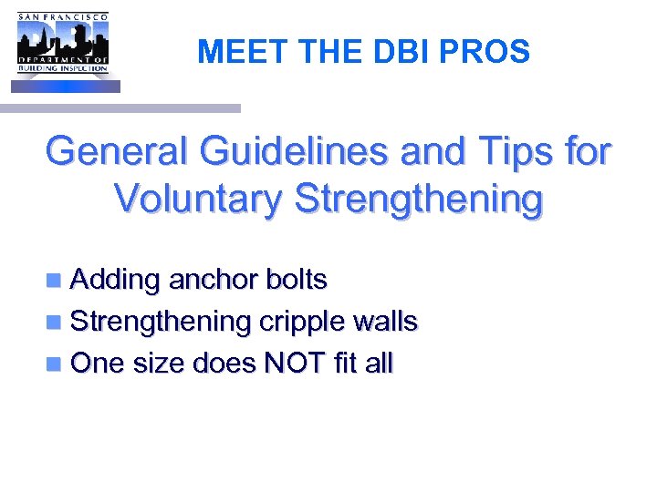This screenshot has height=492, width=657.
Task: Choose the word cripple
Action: (x=302, y=323)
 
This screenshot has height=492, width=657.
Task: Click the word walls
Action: (x=386, y=322)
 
